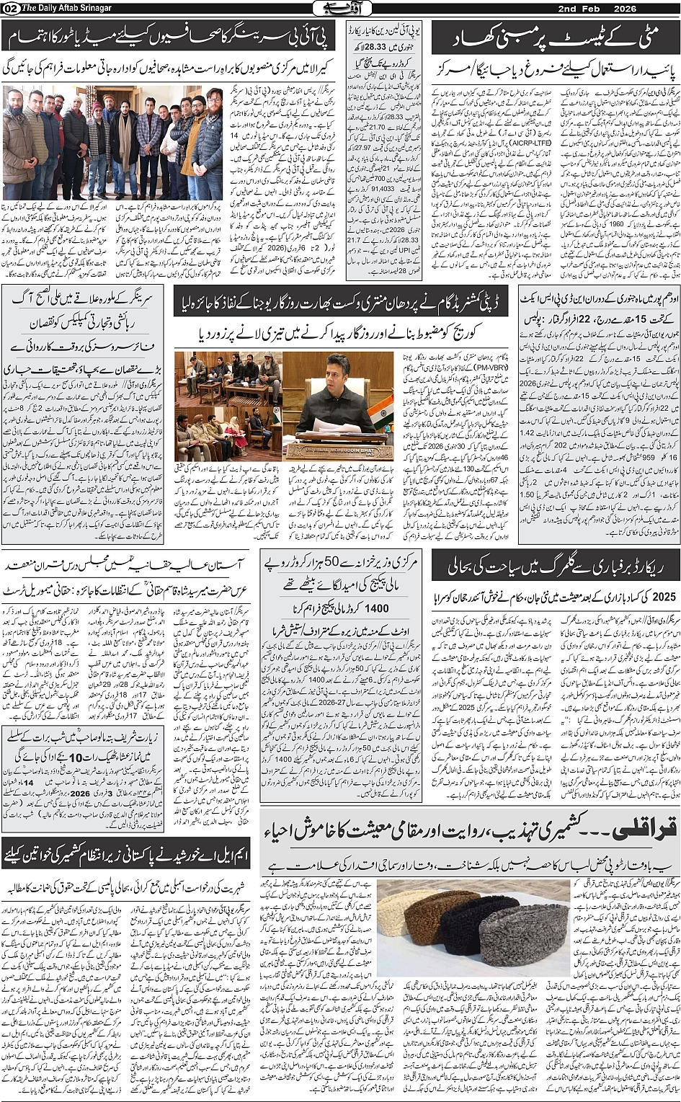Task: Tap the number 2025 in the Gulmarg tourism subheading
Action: (657, 597)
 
